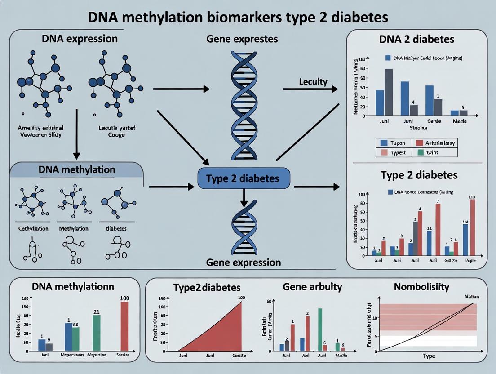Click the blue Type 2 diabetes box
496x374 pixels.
tap(243, 178)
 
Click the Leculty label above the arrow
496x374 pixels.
tap(313, 82)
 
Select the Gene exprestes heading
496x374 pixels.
tap(242, 39)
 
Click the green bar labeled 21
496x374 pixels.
tap(97, 333)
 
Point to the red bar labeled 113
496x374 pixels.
tap(472, 227)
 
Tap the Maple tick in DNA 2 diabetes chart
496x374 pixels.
tap(459, 121)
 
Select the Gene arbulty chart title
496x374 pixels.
tap(312, 286)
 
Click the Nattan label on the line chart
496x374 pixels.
tap(469, 297)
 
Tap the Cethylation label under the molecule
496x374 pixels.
tap(33, 228)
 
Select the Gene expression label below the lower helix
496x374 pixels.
tap(243, 263)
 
